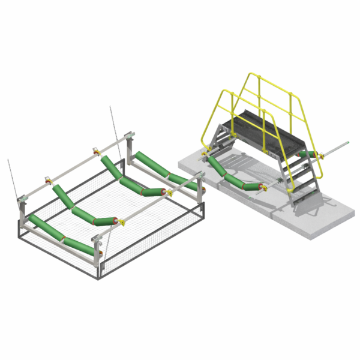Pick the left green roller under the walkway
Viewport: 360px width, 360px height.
pos(215,164)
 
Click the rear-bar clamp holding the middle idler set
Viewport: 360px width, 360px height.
pos(47,179)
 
